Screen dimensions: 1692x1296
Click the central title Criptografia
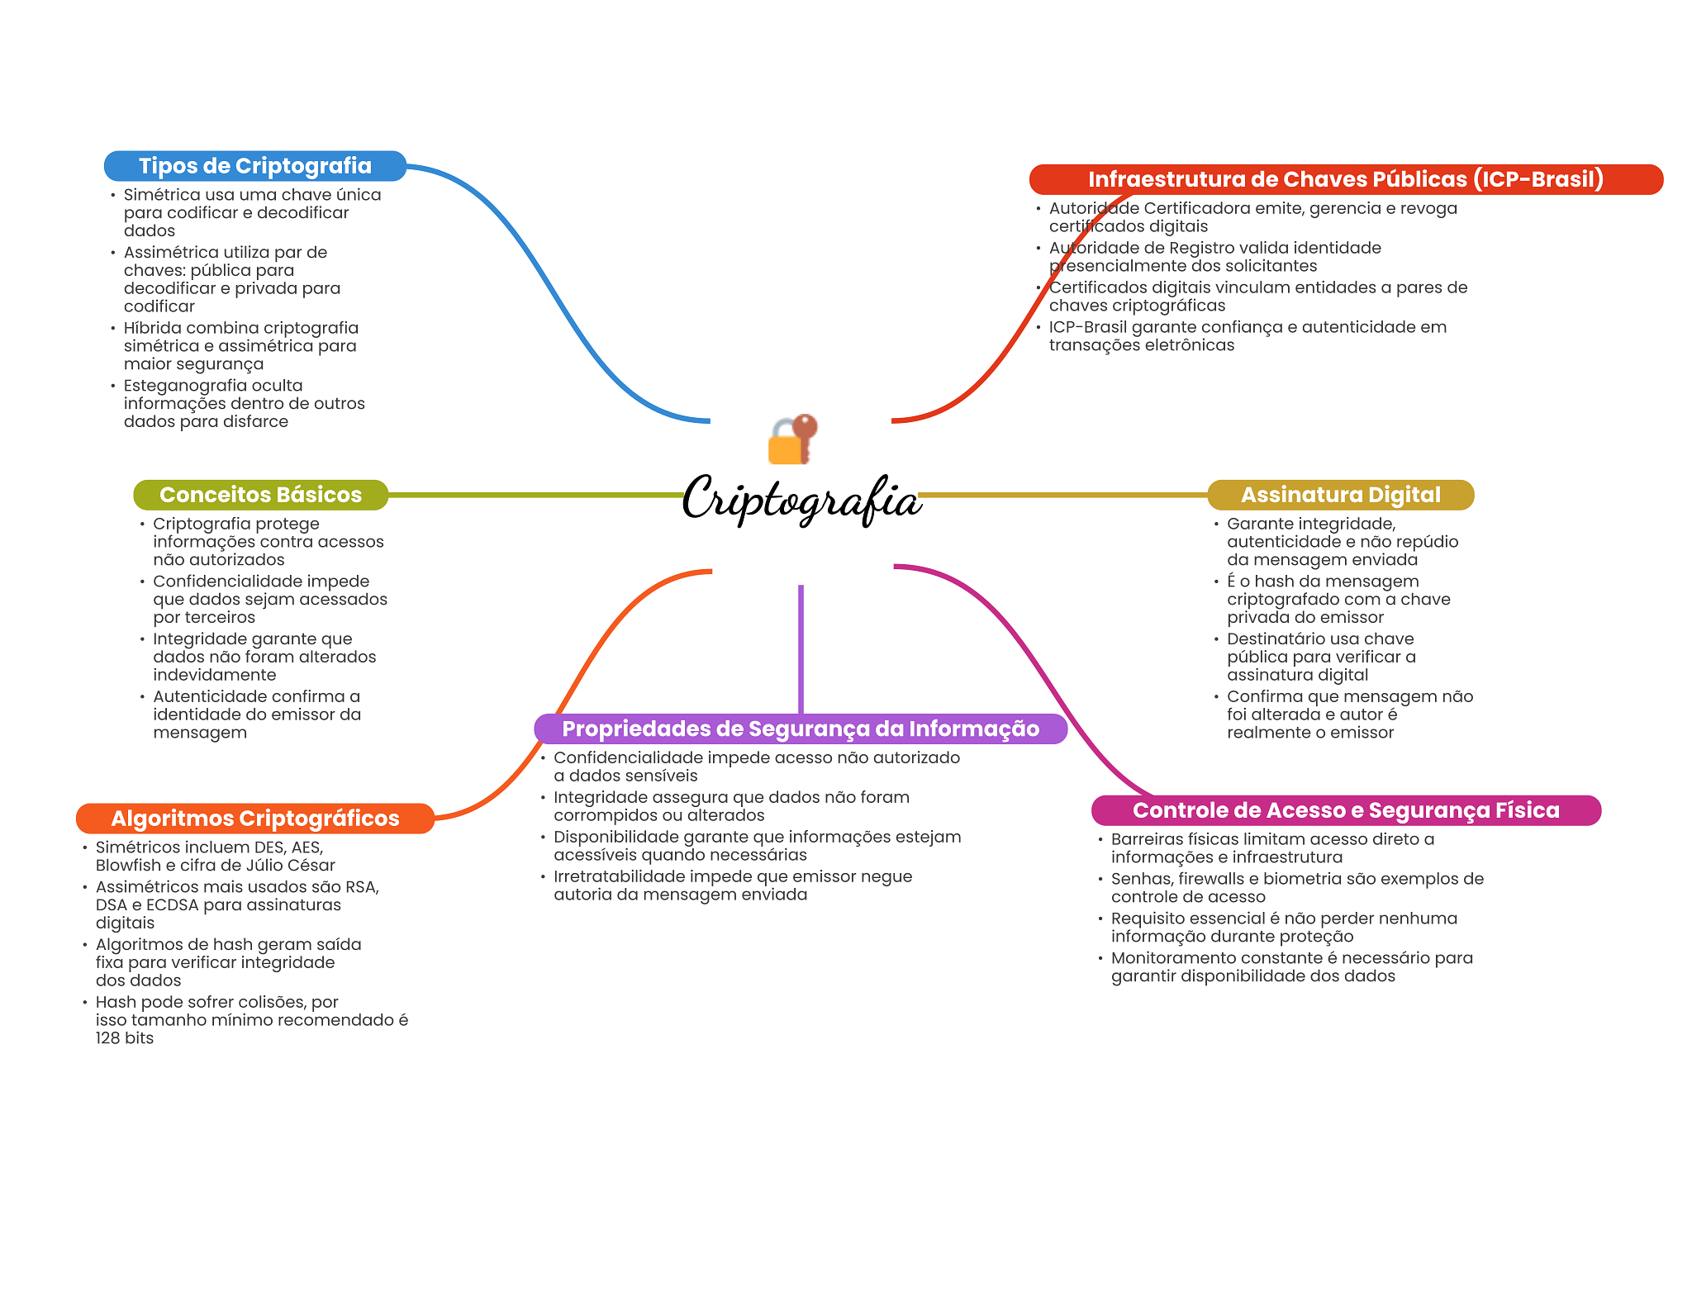801,499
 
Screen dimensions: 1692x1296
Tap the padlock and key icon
792,439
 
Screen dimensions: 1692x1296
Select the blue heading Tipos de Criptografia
254,166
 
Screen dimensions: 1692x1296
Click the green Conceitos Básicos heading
260,495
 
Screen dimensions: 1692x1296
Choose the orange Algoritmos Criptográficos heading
254,819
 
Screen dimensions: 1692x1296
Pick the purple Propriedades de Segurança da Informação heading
800,729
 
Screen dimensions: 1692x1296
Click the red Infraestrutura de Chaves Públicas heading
1345,179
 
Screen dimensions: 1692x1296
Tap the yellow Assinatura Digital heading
1340,495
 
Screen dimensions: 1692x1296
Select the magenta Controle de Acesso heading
1345,810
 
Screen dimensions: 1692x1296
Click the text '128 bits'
124,1038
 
